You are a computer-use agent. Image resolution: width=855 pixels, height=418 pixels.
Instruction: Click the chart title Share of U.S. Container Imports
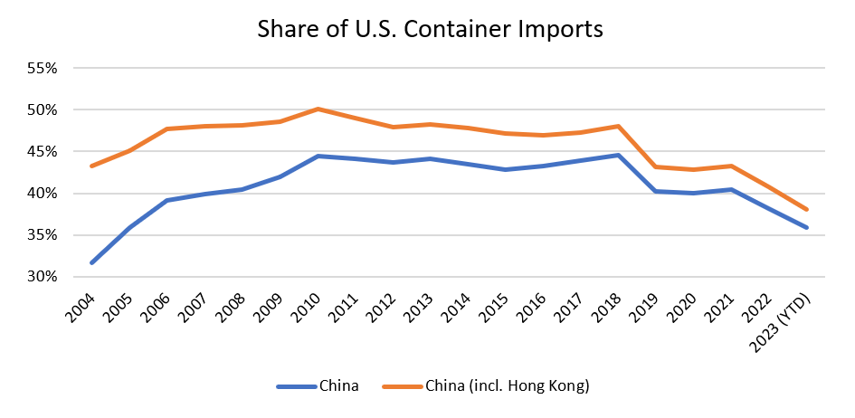point(430,29)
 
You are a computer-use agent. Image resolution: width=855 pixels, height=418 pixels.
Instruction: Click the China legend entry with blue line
point(318,386)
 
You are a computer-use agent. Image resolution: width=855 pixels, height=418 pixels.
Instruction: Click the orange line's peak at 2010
point(317,109)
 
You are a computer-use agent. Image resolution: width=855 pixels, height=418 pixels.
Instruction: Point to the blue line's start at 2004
point(92,262)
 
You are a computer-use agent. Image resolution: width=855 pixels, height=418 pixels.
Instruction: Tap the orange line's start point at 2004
point(92,166)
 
